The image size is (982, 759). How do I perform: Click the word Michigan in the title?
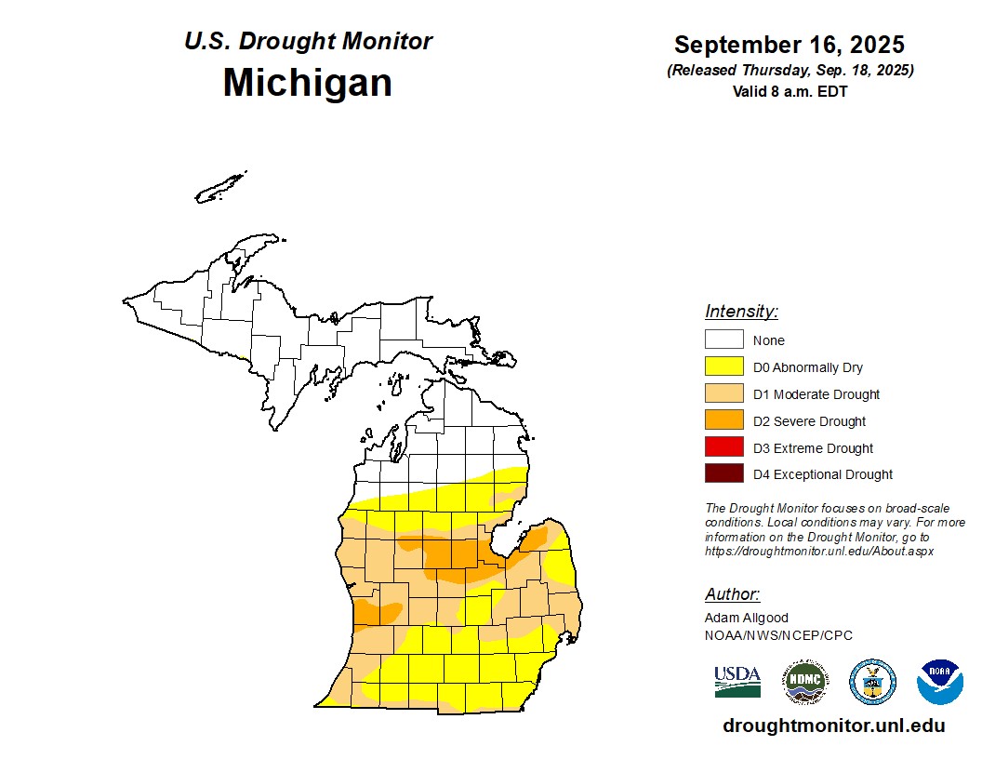tap(307, 83)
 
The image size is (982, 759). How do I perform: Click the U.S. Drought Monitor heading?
tap(308, 42)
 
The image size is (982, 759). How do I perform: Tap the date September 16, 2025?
tap(790, 45)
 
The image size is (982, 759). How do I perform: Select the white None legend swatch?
tap(723, 340)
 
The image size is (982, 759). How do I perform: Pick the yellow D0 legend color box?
tap(723, 367)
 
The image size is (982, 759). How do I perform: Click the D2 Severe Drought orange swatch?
tap(723, 420)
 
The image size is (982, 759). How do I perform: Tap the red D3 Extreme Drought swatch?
tap(723, 447)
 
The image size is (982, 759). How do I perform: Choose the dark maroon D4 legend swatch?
tap(723, 474)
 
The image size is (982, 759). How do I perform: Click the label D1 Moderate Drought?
tap(816, 394)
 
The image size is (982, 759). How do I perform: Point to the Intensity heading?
tap(741, 312)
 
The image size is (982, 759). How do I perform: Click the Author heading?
tap(732, 594)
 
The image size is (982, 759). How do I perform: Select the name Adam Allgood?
tap(745, 618)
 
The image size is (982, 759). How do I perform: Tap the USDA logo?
tap(737, 682)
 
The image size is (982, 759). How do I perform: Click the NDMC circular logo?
tap(804, 682)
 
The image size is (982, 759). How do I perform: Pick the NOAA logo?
tap(939, 682)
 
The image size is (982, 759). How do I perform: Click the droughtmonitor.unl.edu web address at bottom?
tap(833, 726)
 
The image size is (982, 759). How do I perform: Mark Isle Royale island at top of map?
tap(221, 187)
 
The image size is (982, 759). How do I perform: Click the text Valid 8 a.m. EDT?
tap(790, 91)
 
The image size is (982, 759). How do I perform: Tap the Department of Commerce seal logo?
tap(872, 682)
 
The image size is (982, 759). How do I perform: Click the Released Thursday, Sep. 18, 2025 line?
tap(790, 71)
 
